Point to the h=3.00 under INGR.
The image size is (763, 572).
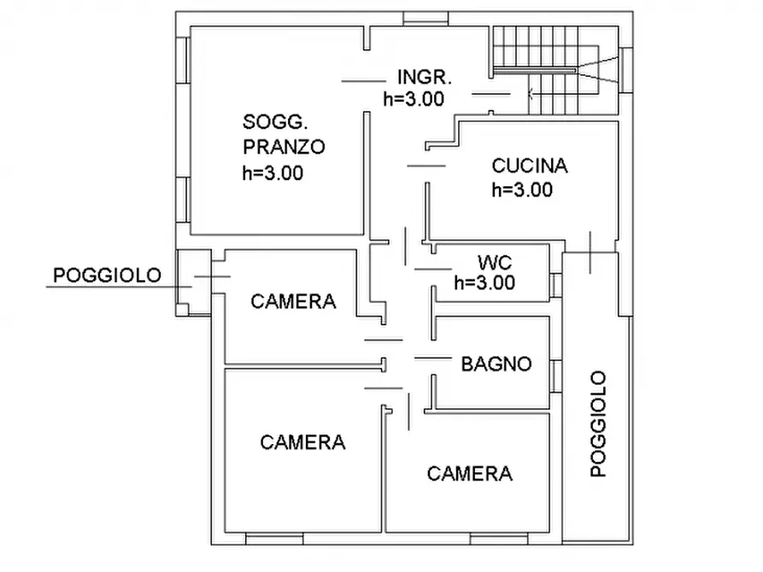pyautogui.click(x=414, y=98)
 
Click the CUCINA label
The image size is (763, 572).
pyautogui.click(x=530, y=166)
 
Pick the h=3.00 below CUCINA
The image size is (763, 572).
pyautogui.click(x=521, y=190)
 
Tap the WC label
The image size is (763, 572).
pyautogui.click(x=494, y=261)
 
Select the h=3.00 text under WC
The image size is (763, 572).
pyautogui.click(x=484, y=283)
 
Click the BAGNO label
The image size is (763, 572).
pyautogui.click(x=496, y=365)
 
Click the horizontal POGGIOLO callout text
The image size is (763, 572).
pyautogui.click(x=107, y=275)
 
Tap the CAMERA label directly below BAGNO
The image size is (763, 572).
pyautogui.click(x=470, y=474)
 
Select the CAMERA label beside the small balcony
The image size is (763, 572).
pyautogui.click(x=293, y=301)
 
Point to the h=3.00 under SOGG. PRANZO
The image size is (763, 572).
pyautogui.click(x=273, y=172)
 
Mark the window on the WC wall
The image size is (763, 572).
pyautogui.click(x=555, y=284)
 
